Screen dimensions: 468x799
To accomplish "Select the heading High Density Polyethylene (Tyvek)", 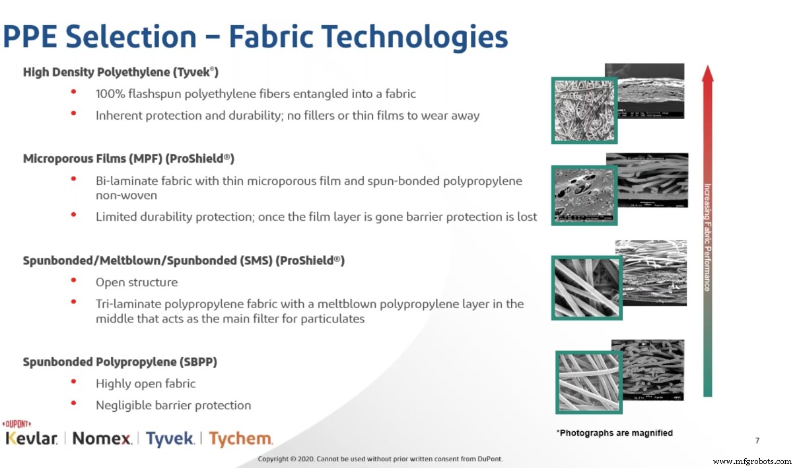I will pyautogui.click(x=121, y=72).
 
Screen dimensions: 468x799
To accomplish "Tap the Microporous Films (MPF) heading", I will pyautogui.click(x=129, y=159).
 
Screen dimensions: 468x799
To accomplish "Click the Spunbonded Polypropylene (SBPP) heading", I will pyautogui.click(x=120, y=362).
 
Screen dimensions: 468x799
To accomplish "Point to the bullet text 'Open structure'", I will pyautogui.click(x=137, y=282).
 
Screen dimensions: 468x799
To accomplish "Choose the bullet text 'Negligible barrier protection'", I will pyautogui.click(x=173, y=405).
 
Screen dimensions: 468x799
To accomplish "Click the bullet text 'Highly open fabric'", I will pyautogui.click(x=145, y=383).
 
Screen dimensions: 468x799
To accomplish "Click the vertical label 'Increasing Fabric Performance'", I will pyautogui.click(x=707, y=237).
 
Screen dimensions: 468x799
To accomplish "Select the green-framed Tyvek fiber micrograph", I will pyautogui.click(x=584, y=110).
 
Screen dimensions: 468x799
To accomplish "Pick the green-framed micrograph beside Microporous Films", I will pyautogui.click(x=584, y=196).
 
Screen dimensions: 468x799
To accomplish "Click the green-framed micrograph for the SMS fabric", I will pyautogui.click(x=586, y=287).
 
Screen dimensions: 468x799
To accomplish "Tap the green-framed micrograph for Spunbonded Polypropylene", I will pyautogui.click(x=589, y=382).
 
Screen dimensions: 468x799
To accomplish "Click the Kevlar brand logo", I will pyautogui.click(x=32, y=438).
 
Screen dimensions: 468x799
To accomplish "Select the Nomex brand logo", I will pyautogui.click(x=102, y=438).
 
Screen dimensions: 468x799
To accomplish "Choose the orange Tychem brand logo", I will pyautogui.click(x=240, y=438).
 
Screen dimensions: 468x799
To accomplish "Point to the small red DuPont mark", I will pyautogui.click(x=17, y=424).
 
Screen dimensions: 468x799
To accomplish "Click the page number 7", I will pyautogui.click(x=757, y=440).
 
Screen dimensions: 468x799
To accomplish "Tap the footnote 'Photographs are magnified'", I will pyautogui.click(x=615, y=433).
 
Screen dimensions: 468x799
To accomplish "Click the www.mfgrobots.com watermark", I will pyautogui.click(x=752, y=461).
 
